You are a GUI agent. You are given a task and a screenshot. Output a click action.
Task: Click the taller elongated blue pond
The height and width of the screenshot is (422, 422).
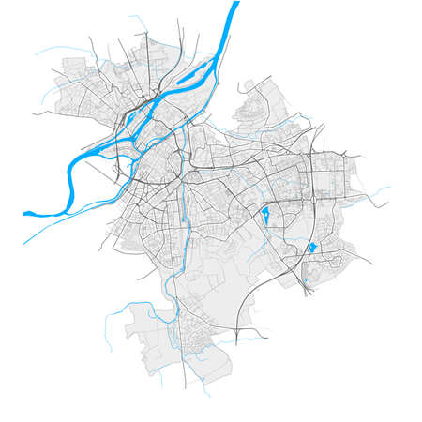(x=265, y=218)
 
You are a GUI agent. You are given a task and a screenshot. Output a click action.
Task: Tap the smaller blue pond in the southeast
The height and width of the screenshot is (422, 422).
(x=312, y=248)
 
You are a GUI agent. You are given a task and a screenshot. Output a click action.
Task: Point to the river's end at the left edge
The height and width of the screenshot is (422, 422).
(x=26, y=213)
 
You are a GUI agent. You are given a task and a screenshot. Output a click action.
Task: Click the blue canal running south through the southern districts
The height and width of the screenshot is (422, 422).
(x=173, y=281)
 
